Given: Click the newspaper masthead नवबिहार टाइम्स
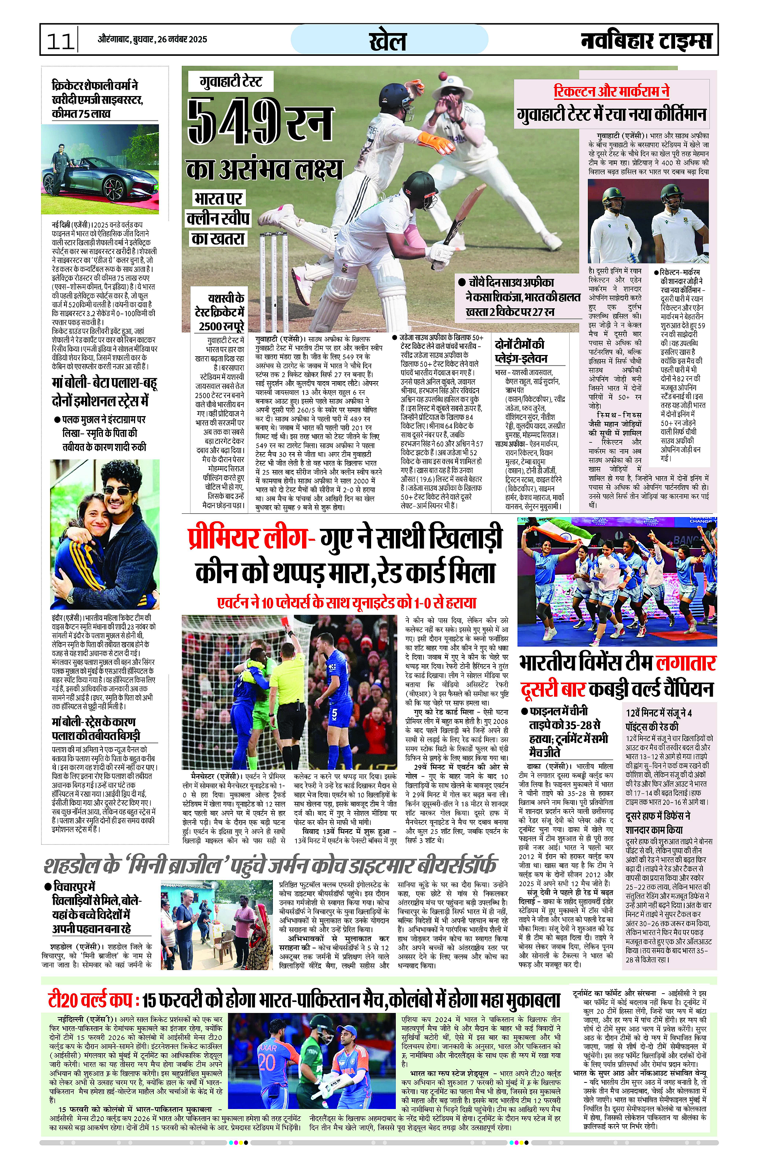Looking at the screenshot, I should pyautogui.click(x=646, y=40).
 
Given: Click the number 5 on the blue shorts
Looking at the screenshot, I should pyautogui.click(x=334, y=712).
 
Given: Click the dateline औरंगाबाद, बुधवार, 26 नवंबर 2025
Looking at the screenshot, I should pyautogui.click(x=152, y=39).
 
